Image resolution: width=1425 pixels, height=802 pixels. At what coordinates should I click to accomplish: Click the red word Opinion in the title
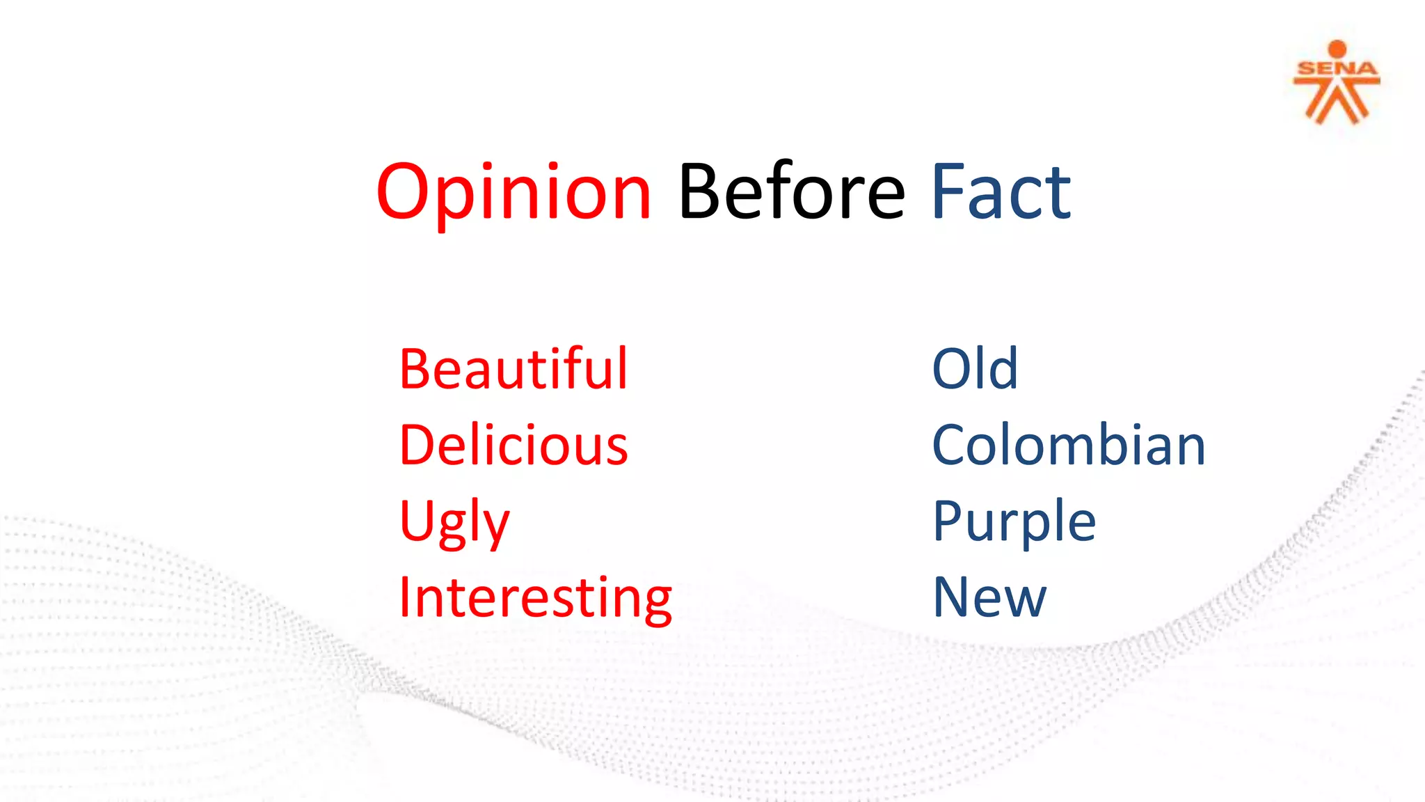[x=514, y=191]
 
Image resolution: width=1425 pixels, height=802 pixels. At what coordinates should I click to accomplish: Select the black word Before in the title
[x=791, y=191]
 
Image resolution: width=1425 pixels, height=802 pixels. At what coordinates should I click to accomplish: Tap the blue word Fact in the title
[x=1001, y=191]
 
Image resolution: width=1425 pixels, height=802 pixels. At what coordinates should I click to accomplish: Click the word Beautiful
[x=514, y=369]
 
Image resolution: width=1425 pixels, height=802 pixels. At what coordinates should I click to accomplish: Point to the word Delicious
[x=514, y=446]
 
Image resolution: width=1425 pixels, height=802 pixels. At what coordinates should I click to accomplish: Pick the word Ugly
[x=454, y=522]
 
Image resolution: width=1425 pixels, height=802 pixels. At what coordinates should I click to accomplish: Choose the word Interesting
[x=535, y=599]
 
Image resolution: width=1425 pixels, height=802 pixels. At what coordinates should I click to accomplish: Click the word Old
[x=975, y=369]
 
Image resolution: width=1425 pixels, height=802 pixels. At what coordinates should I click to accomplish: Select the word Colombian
[x=1068, y=446]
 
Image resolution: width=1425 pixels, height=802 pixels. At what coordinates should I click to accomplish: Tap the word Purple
[x=1014, y=522]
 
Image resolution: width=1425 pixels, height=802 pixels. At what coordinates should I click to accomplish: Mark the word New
[x=989, y=599]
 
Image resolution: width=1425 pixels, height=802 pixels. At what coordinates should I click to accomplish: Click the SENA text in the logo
[x=1337, y=69]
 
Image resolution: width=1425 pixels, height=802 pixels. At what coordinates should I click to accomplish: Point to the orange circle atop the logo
[x=1337, y=49]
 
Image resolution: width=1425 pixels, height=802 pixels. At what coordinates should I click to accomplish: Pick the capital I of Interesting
[x=405, y=599]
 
